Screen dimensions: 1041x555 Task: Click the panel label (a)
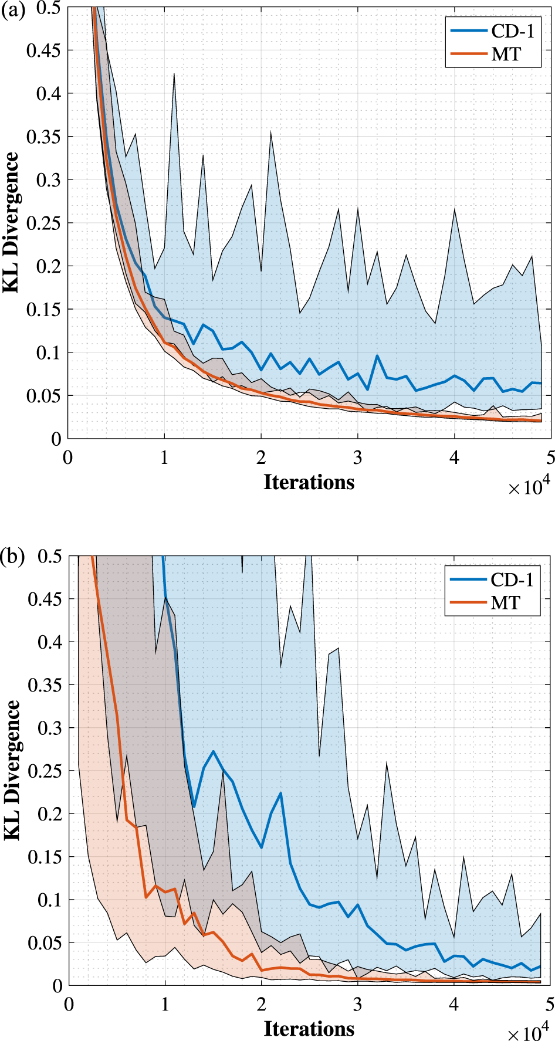(x=13, y=10)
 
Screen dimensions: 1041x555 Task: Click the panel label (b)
(x=13, y=556)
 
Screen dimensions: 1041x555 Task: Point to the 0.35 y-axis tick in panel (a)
(x=43, y=137)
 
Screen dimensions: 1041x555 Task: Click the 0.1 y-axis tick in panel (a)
(x=48, y=352)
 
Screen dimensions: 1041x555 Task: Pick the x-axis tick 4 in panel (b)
(x=454, y=1005)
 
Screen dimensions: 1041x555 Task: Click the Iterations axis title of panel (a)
(x=309, y=482)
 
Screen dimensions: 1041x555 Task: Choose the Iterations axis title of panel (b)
(x=309, y=1029)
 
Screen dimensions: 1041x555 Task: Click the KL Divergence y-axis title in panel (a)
(x=11, y=223)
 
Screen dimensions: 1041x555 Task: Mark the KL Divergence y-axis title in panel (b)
(x=11, y=769)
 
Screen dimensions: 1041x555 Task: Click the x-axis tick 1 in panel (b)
(x=165, y=1005)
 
